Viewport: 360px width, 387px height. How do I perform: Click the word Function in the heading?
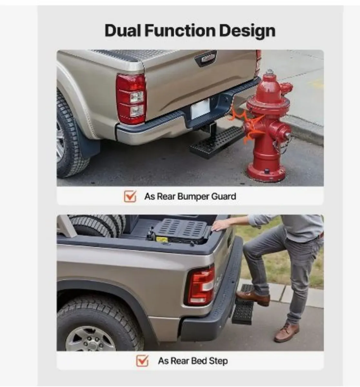click(x=180, y=31)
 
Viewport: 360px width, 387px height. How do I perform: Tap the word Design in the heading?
click(x=247, y=32)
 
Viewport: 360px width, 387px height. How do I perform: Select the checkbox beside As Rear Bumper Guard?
click(x=130, y=196)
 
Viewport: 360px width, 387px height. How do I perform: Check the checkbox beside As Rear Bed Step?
click(x=142, y=361)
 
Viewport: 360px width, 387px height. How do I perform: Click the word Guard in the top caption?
click(x=224, y=196)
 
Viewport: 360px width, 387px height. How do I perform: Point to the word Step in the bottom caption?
click(x=218, y=361)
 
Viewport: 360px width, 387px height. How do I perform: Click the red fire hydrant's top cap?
click(x=270, y=73)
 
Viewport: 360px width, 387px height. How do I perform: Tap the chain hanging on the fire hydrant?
click(x=280, y=145)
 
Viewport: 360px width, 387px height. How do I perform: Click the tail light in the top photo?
click(x=131, y=99)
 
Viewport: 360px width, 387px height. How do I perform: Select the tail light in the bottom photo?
click(x=201, y=286)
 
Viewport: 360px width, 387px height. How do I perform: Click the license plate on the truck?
click(x=200, y=109)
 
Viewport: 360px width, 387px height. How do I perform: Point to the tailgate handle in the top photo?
click(x=206, y=58)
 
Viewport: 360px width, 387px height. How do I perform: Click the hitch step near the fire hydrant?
click(x=216, y=142)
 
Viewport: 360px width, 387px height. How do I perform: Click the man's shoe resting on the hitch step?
click(x=253, y=298)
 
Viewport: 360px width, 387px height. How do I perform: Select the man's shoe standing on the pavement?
click(x=286, y=332)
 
